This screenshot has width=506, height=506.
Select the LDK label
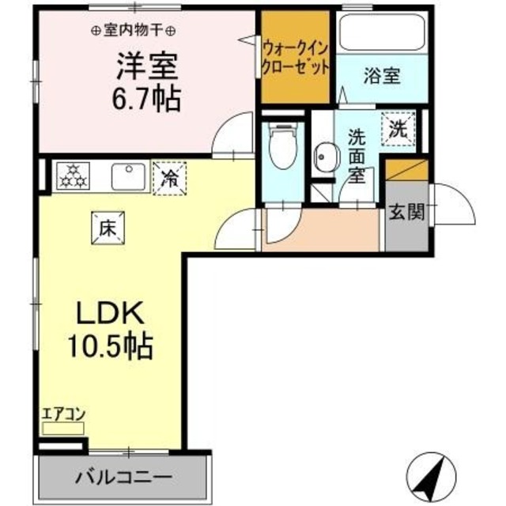[110, 315]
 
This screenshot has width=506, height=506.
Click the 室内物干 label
[134, 31]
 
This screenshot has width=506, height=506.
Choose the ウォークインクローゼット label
[295, 57]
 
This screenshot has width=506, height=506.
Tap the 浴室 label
[382, 76]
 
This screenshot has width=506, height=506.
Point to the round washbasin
[323, 157]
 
